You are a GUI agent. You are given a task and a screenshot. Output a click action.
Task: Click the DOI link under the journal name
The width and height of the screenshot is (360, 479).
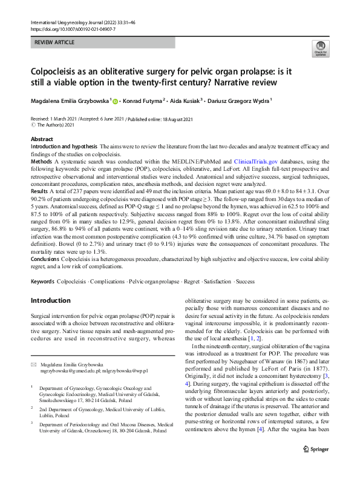[73, 28]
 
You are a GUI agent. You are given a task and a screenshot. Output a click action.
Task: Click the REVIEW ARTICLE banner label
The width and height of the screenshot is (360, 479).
[57, 42]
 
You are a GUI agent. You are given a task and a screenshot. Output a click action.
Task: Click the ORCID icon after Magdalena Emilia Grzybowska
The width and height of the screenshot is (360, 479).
[116, 100]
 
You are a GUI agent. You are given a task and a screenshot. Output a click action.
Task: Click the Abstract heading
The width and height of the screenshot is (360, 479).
[42, 139]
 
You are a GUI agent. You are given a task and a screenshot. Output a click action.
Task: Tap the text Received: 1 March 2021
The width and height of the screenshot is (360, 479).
[56, 119]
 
